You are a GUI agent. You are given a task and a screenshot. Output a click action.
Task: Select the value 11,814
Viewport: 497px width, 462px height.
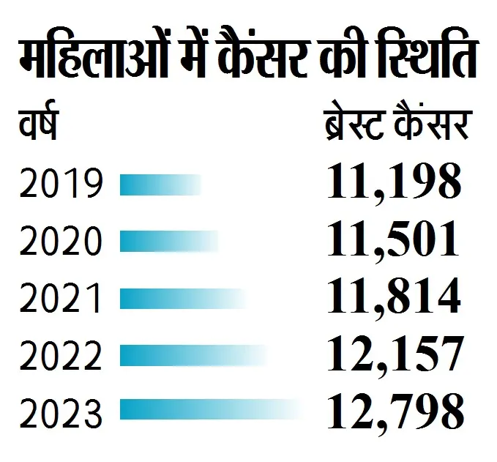click(394, 296)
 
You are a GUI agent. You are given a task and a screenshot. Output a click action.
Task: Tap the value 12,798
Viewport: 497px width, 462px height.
click(394, 411)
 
